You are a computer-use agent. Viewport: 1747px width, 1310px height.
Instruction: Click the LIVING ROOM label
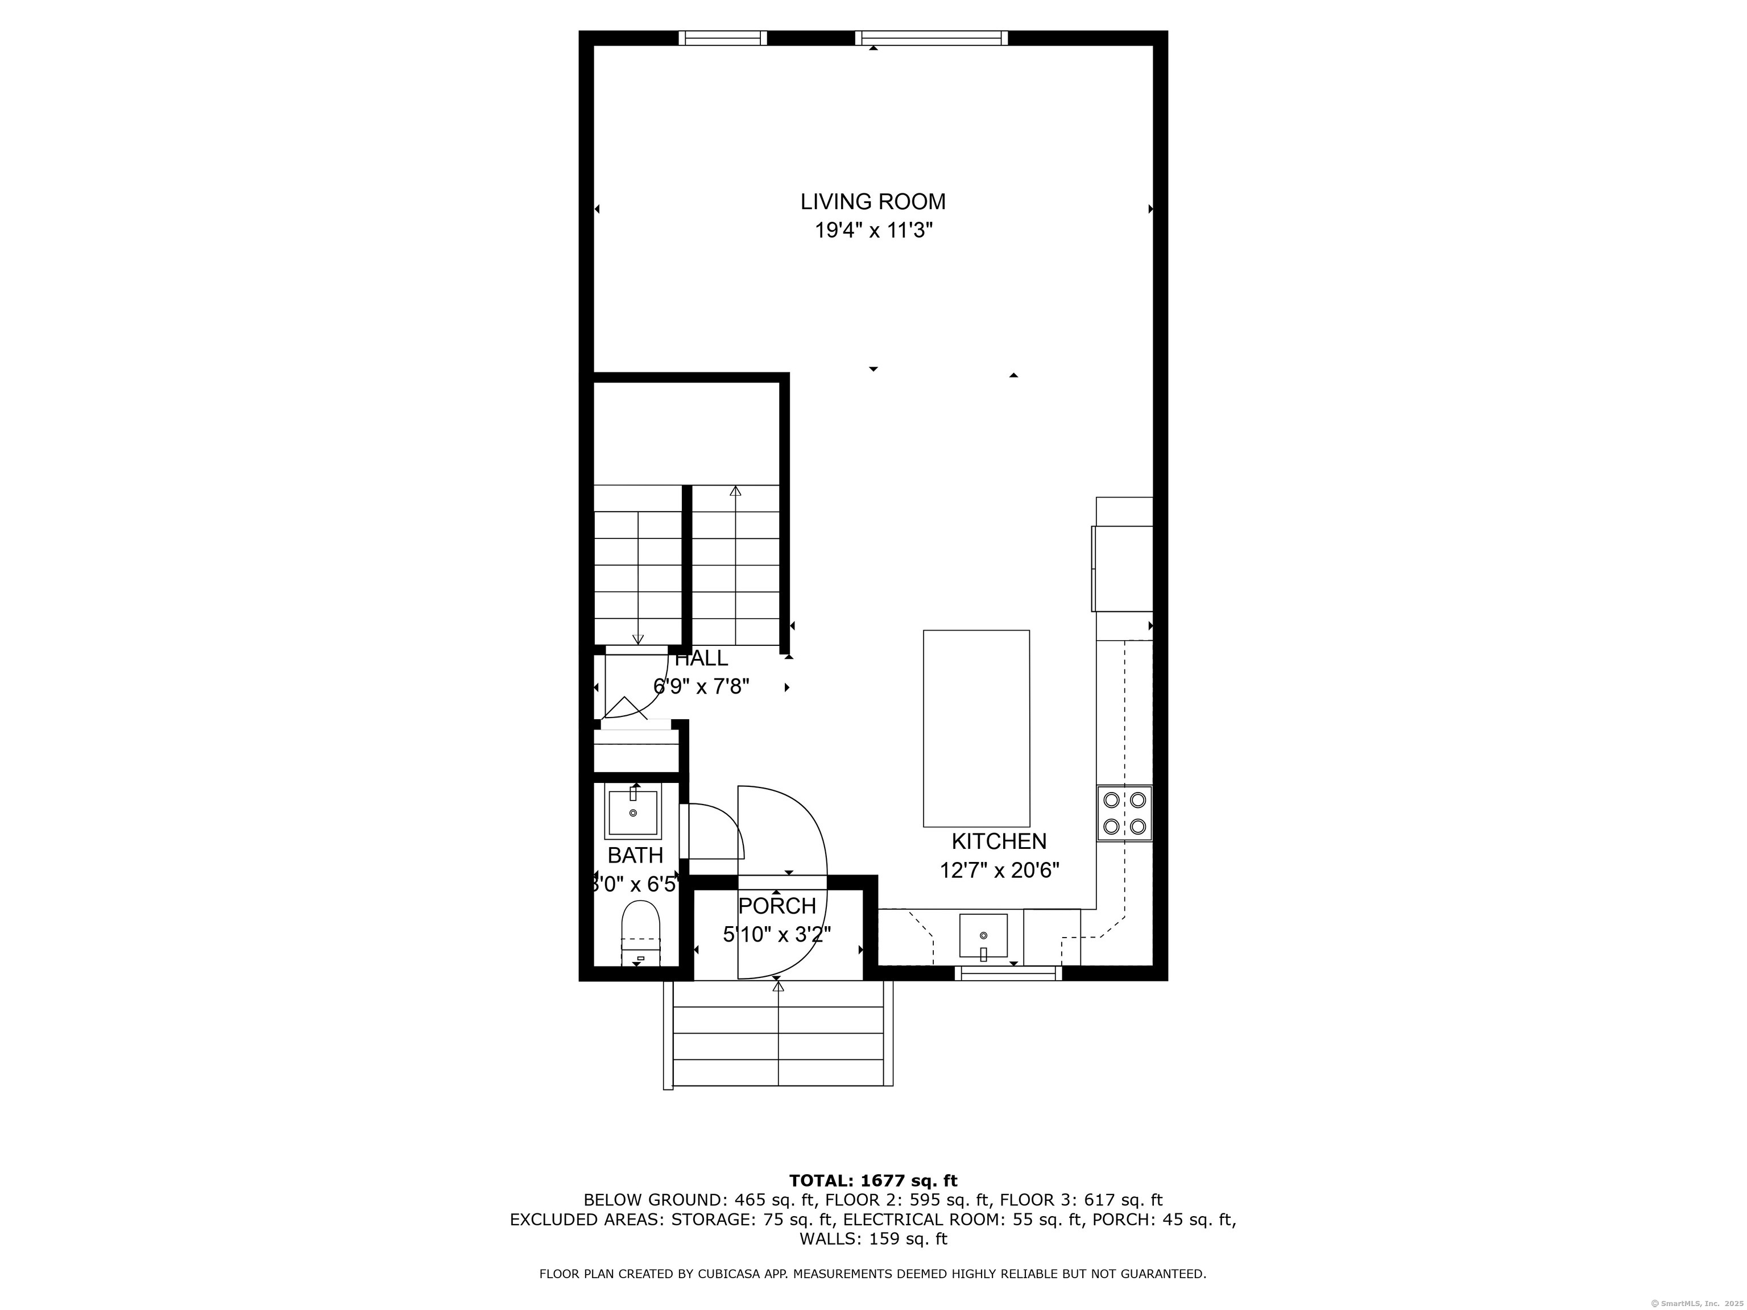[x=873, y=202]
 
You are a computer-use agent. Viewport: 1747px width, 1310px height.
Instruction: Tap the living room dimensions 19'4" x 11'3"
[x=873, y=231]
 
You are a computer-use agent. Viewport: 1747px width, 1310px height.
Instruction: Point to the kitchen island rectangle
[x=976, y=728]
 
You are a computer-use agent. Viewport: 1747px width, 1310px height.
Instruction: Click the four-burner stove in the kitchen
[x=1124, y=812]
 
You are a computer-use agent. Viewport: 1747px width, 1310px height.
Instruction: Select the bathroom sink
[x=632, y=812]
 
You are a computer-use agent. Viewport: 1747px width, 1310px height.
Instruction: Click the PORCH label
[x=777, y=906]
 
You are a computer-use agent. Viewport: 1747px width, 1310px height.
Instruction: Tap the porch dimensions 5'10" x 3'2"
[x=777, y=935]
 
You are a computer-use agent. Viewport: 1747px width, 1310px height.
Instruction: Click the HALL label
[x=701, y=658]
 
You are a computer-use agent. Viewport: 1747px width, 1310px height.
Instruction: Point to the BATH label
[x=635, y=855]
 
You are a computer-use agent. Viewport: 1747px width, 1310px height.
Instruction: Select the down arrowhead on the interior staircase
[x=638, y=640]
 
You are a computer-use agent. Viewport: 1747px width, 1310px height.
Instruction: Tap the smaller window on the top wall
[x=723, y=38]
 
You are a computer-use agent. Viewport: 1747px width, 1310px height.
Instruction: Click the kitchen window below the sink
[x=1008, y=973]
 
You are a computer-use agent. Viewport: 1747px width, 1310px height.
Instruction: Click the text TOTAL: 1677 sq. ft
[x=873, y=1180]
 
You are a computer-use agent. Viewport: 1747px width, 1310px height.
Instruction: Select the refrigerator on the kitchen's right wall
[x=1122, y=569]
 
